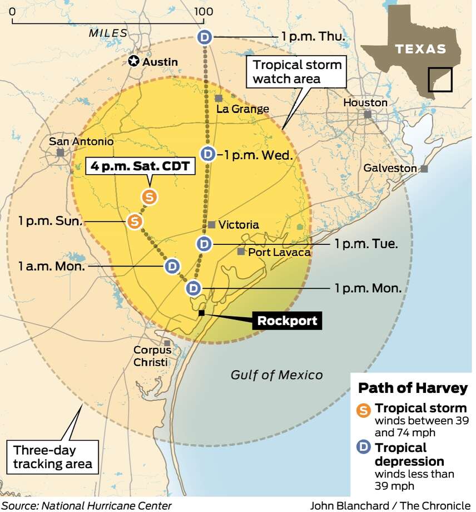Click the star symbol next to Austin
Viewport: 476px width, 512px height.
tap(133, 61)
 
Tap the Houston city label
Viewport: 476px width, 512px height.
tap(365, 103)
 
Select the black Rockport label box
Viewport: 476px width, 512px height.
tap(286, 321)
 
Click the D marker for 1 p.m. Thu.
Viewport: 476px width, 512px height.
tap(205, 37)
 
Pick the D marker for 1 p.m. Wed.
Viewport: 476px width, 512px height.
tap(207, 153)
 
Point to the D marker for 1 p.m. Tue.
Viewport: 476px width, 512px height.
tap(204, 243)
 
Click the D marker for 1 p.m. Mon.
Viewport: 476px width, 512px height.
tap(192, 288)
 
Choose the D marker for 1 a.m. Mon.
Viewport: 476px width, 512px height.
tap(172, 266)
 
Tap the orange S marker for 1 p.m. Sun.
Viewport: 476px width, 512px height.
tap(134, 221)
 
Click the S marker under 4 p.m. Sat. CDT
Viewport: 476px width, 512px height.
tap(148, 196)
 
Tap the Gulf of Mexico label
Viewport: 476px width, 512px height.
tap(276, 375)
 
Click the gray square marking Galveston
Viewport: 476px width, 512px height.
tap(424, 169)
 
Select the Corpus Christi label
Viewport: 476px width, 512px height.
tap(152, 356)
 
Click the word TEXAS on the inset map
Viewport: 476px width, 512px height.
tap(420, 48)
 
